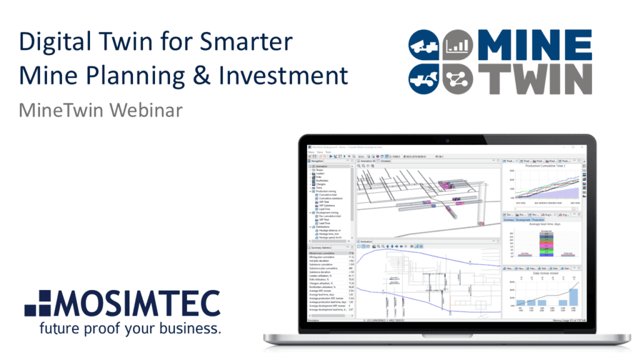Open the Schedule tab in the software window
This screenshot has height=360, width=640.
click(x=386, y=161)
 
